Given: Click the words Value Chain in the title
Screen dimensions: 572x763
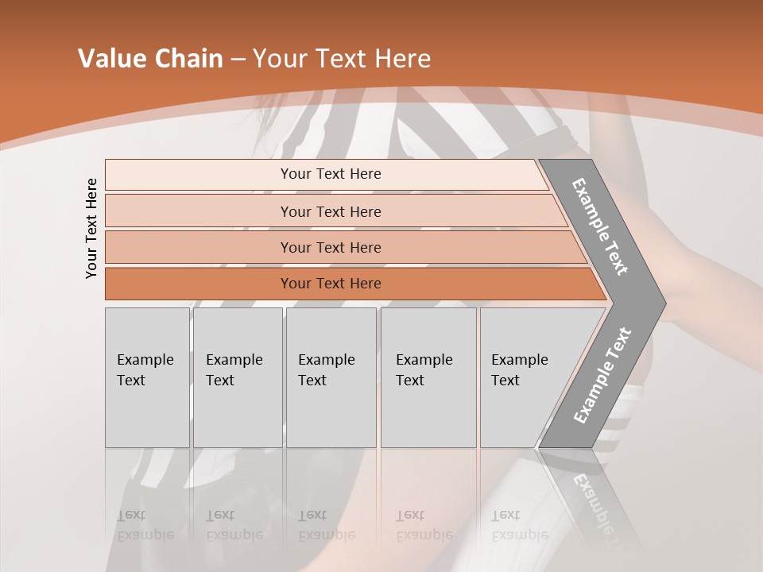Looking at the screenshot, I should [x=150, y=59].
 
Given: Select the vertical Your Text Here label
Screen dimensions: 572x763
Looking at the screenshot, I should [x=92, y=228].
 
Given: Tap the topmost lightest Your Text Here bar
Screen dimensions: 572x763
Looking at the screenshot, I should [x=331, y=174].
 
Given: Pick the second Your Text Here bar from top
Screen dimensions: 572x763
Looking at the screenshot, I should [x=331, y=211].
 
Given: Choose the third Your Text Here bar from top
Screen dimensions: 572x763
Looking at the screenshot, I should [x=331, y=248].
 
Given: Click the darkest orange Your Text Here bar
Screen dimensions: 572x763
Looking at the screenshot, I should [x=331, y=284].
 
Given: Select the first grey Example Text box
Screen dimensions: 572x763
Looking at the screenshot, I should [x=147, y=377].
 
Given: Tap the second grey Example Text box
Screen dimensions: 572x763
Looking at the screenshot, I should [x=237, y=377].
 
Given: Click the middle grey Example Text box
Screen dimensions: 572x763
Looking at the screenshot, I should [x=330, y=377].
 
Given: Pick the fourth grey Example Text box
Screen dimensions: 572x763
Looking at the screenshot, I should [x=428, y=377].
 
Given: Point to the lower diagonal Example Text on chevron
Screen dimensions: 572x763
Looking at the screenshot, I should [x=602, y=375].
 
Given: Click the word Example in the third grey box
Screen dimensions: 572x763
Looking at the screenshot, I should [x=326, y=360].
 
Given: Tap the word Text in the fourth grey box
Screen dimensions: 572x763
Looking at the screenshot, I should [x=410, y=381].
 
